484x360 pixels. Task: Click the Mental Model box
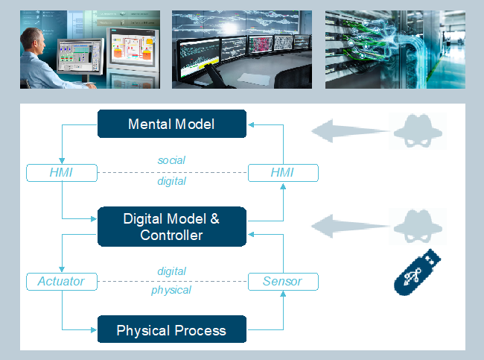(x=172, y=124)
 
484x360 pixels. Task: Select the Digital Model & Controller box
(x=172, y=227)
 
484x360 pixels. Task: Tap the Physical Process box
(x=172, y=329)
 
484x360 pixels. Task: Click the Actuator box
(x=62, y=282)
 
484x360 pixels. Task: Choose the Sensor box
(x=283, y=282)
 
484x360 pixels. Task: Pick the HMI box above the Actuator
(x=62, y=173)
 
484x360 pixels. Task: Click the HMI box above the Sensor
(x=283, y=173)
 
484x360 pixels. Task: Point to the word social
(x=171, y=160)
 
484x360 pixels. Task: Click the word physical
(x=171, y=290)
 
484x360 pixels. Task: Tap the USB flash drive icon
(x=417, y=273)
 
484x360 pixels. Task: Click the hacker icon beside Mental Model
(x=418, y=131)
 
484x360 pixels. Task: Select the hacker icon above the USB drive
(x=418, y=227)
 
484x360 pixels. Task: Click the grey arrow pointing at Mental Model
(x=351, y=131)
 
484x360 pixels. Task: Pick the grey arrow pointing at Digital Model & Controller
(x=351, y=227)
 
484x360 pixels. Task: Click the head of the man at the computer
(x=32, y=40)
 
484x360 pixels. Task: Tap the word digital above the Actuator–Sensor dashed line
(x=171, y=271)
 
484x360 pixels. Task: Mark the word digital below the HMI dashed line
(x=171, y=181)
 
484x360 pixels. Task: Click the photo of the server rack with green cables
(x=395, y=49)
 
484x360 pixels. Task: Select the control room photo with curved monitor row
(x=242, y=49)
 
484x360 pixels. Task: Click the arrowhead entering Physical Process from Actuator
(x=94, y=329)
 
